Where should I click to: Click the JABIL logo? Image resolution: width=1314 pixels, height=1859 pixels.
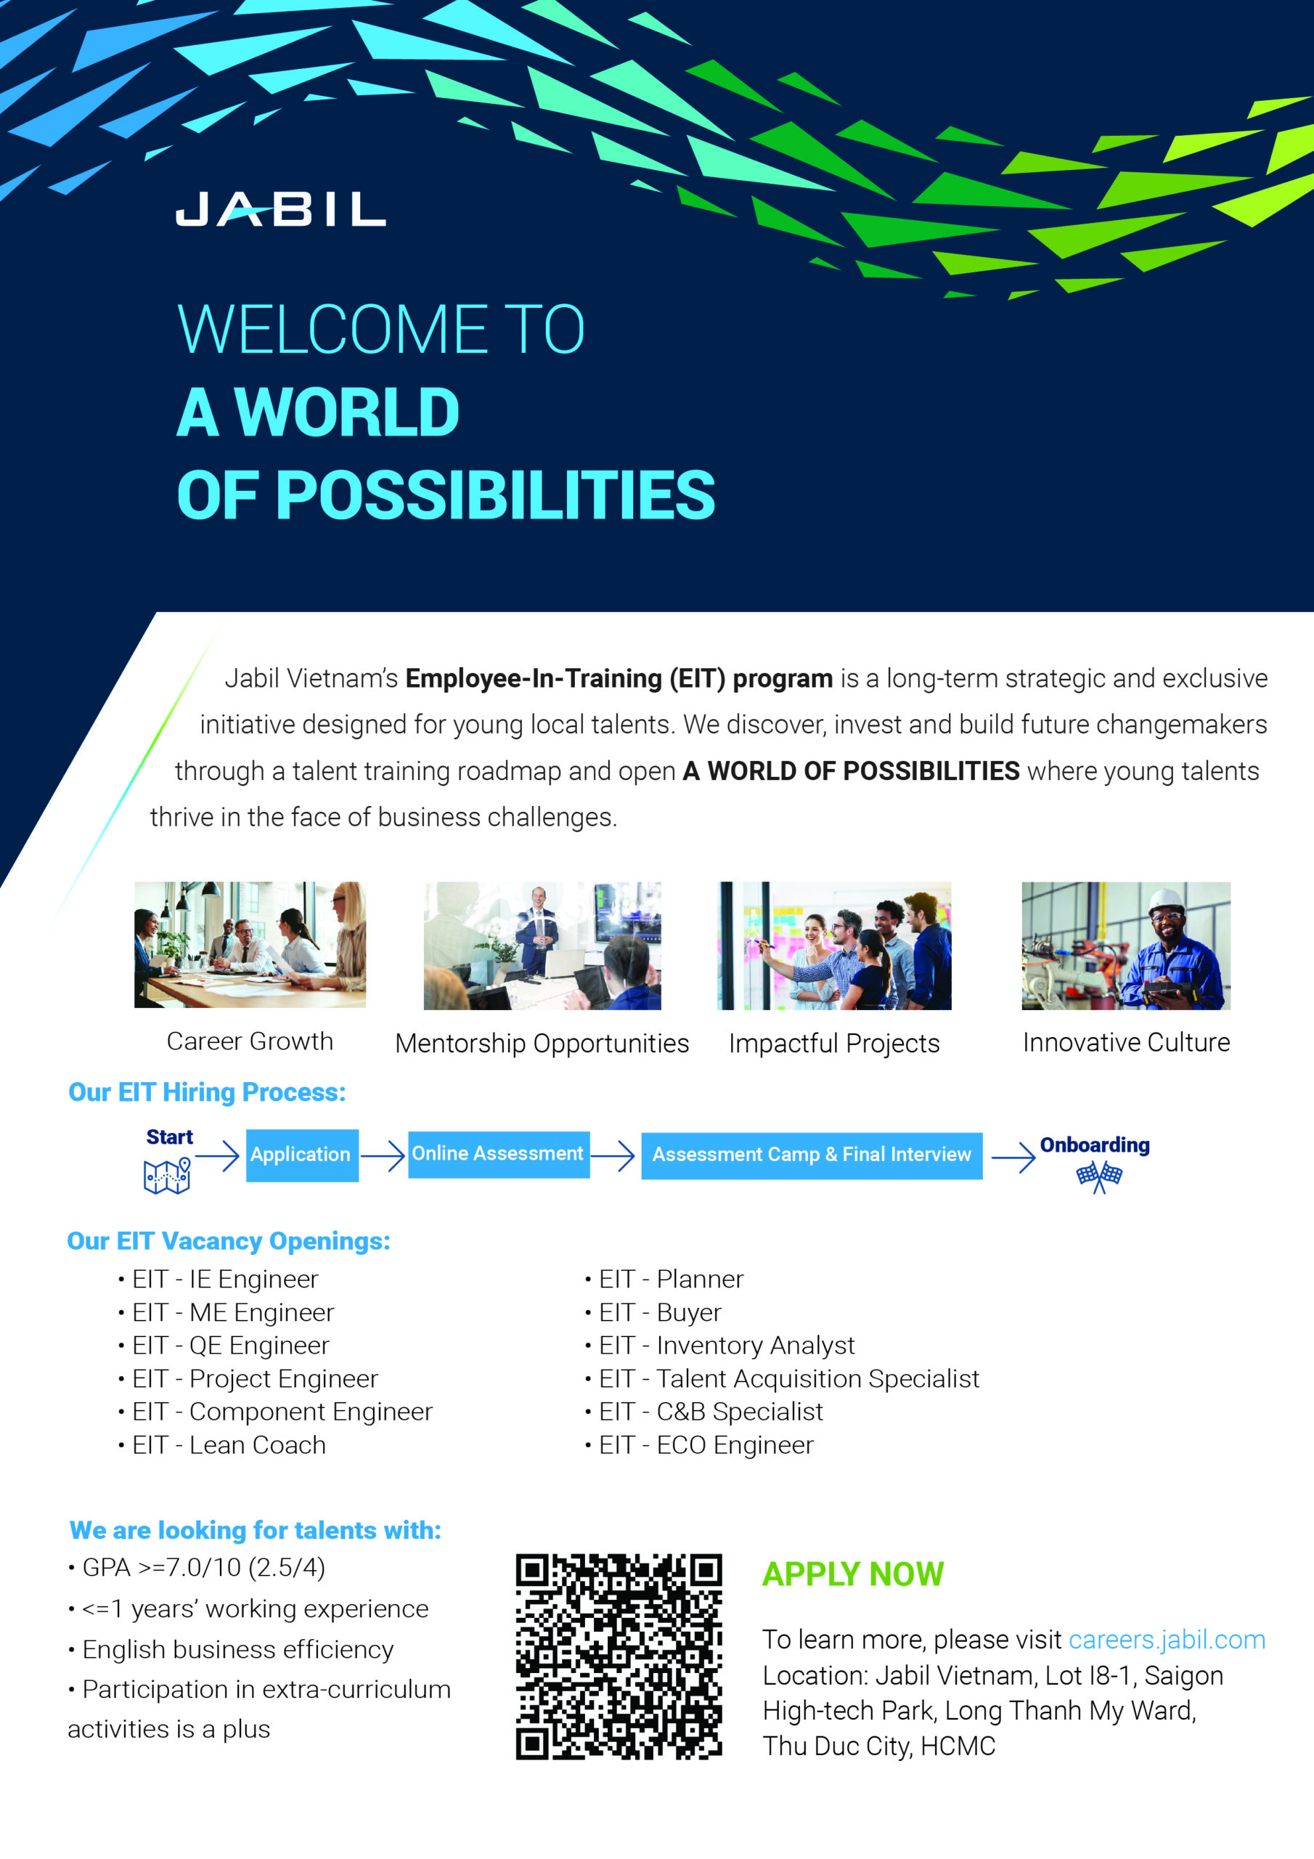(x=280, y=209)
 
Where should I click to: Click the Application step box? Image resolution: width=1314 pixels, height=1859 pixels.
(x=301, y=1155)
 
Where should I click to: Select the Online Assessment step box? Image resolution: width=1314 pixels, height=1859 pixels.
(x=498, y=1154)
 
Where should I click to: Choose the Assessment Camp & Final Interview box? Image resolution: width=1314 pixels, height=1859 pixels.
(x=811, y=1155)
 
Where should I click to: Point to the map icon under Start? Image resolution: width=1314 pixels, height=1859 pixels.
(x=167, y=1176)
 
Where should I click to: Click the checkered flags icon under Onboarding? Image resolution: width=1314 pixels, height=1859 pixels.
(x=1098, y=1176)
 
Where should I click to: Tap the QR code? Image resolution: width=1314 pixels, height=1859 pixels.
(x=619, y=1656)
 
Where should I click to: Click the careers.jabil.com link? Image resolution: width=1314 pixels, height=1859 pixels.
(x=1166, y=1640)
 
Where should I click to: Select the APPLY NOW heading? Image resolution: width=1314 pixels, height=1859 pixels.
(x=852, y=1575)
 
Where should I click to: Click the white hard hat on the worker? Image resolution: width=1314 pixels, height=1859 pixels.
(x=1166, y=899)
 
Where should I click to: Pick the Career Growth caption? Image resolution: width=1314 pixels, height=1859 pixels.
(x=249, y=1041)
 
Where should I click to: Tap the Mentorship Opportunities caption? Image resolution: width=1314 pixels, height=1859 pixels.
(x=542, y=1044)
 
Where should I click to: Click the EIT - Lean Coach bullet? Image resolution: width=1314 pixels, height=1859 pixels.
(x=228, y=1445)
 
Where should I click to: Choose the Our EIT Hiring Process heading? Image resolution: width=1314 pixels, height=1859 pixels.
(x=206, y=1092)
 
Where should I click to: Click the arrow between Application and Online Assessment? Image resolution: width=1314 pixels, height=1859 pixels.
(x=382, y=1155)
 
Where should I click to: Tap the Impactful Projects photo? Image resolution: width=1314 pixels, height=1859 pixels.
(x=834, y=945)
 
